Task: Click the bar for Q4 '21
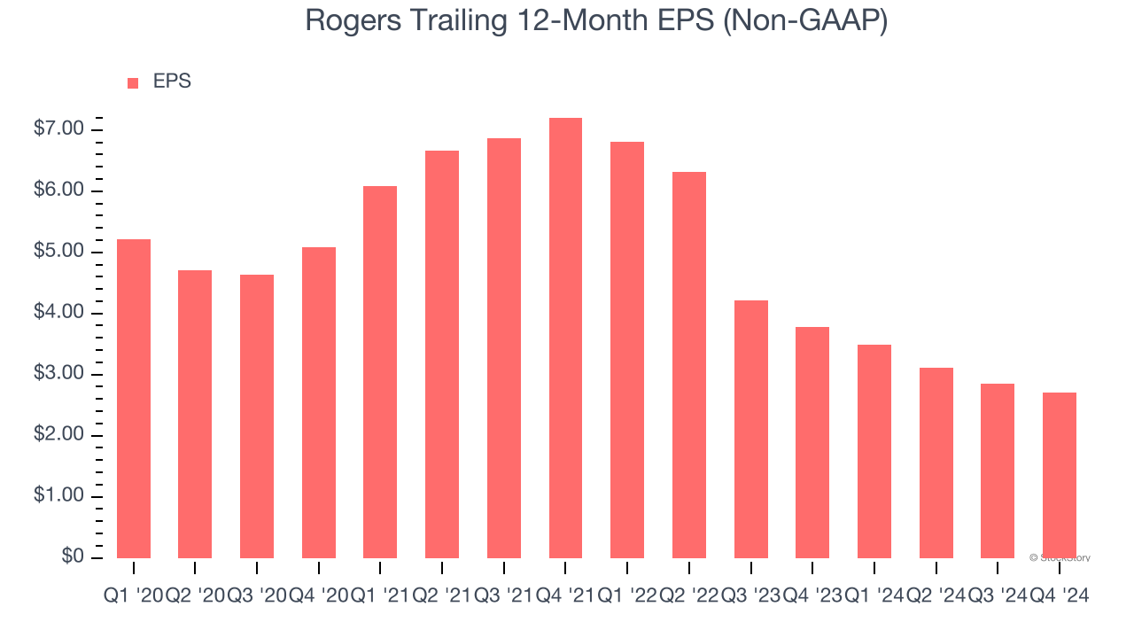click(565, 338)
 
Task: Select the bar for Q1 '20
click(134, 398)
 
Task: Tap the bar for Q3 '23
click(751, 429)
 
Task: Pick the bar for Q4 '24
click(1060, 475)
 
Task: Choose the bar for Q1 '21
click(380, 371)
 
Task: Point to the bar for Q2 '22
click(689, 364)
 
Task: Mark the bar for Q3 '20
click(257, 416)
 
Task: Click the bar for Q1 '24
click(874, 451)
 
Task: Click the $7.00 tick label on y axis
click(58, 129)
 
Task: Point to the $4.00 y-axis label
click(58, 313)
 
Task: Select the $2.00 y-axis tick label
click(58, 435)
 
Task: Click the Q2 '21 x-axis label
click(442, 596)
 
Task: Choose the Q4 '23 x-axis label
click(812, 596)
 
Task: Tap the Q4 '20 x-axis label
click(318, 596)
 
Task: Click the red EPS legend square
click(133, 82)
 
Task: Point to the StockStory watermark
click(1060, 557)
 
